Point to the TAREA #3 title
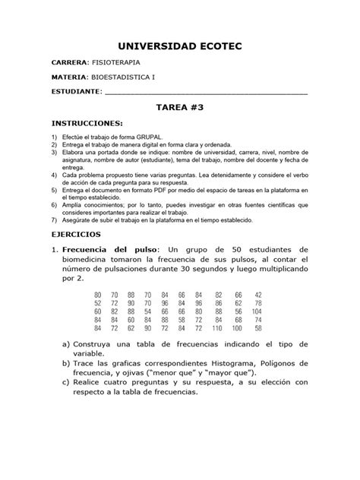(x=179, y=109)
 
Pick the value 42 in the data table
(x=257, y=295)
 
